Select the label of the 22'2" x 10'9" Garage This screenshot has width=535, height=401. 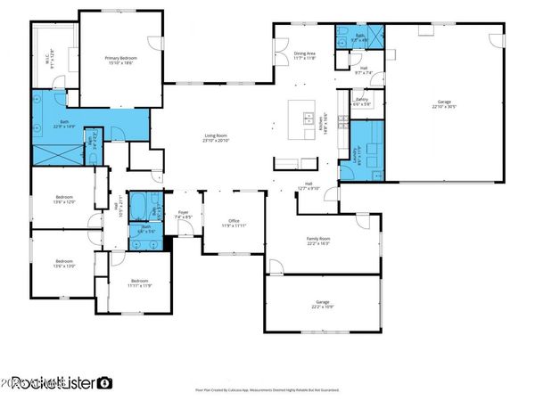pos(323,305)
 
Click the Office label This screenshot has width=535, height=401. pos(235,223)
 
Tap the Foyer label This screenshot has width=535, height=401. pos(182,217)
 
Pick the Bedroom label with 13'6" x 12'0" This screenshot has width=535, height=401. pos(63,200)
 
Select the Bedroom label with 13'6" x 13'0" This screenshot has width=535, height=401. pos(63,264)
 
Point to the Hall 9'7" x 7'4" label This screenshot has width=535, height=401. pos(363,70)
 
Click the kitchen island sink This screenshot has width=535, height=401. pos(308,119)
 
